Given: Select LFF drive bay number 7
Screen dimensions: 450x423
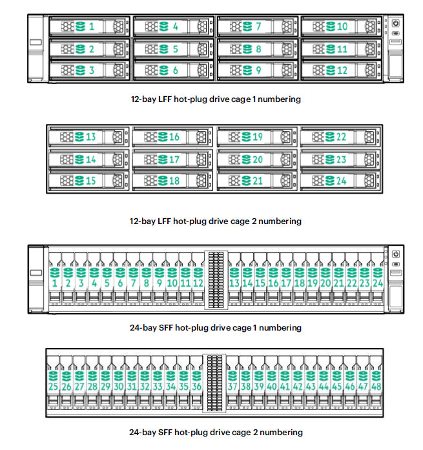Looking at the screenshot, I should point(258,26).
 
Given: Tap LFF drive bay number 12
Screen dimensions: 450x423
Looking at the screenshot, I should point(342,70).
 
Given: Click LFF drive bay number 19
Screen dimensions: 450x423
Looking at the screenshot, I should point(258,137).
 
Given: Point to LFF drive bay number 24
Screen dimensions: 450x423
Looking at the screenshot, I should point(342,181).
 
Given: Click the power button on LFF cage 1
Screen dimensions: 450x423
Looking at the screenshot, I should point(395,22).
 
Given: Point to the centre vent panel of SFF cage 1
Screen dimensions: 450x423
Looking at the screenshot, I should point(216,278).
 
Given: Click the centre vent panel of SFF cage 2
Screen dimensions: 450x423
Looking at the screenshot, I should point(214,382).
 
